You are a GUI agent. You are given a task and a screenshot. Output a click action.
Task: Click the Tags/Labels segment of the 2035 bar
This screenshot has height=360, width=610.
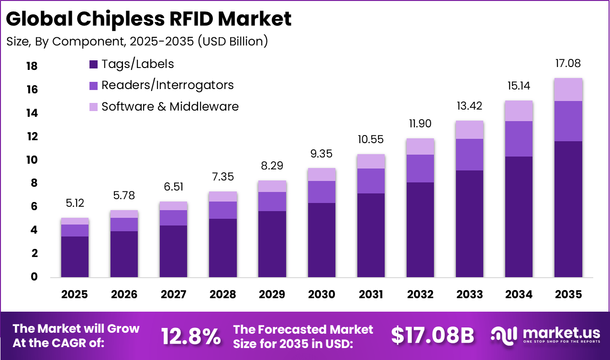point(568,209)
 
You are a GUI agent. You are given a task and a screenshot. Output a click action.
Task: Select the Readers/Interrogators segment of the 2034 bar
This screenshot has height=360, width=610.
point(519,139)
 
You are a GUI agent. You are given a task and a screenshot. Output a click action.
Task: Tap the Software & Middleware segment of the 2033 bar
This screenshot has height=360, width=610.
point(469,130)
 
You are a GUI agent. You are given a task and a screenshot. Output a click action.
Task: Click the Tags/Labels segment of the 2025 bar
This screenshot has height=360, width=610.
point(75,257)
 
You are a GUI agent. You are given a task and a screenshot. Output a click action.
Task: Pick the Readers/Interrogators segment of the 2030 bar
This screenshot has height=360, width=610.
point(322,192)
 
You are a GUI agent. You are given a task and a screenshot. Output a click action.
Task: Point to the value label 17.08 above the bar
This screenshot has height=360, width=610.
point(568,63)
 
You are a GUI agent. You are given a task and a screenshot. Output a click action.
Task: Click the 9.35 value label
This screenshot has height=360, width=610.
point(322,154)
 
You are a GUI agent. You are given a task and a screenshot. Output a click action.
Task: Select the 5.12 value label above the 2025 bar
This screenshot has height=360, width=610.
point(75,203)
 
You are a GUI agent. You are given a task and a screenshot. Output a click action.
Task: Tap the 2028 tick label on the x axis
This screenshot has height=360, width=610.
point(222,294)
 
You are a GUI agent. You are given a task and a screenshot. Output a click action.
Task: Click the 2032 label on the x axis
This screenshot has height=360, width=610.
point(420,294)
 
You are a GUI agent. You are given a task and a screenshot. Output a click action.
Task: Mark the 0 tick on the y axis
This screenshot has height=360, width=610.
point(34,277)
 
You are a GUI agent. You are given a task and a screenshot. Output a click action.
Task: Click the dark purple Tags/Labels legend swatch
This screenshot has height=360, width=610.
point(94,64)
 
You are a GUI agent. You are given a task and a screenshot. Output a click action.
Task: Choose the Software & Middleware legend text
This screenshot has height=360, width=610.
point(170,106)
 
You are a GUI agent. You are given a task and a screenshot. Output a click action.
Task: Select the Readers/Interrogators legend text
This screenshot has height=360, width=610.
point(167,85)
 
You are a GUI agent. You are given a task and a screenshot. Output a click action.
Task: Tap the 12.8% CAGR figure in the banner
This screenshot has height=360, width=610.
point(191,336)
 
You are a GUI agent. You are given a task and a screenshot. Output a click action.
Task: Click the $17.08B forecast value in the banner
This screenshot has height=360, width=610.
point(432,336)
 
